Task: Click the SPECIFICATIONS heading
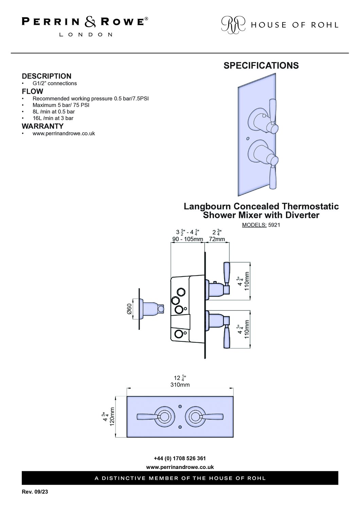point(261,65)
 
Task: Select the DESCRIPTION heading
point(47,76)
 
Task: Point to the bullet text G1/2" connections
point(55,83)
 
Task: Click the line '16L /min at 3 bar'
point(53,118)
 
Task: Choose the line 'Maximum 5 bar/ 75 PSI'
point(61,105)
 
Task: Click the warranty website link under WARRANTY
point(64,133)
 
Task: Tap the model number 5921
point(274,225)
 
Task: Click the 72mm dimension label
point(217,239)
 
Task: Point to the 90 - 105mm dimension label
point(187,239)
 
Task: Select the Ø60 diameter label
point(129,309)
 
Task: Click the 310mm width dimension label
point(180,385)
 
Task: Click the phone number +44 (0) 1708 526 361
point(180,458)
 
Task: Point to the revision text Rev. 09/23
point(35,492)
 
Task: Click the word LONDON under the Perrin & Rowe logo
point(86,35)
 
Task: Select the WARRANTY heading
point(43,126)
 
